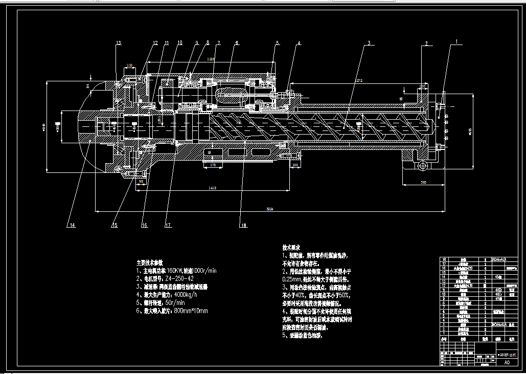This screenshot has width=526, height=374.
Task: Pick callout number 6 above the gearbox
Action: (x=237, y=43)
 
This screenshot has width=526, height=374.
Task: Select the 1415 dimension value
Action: (x=212, y=188)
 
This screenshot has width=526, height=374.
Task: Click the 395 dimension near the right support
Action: (x=423, y=182)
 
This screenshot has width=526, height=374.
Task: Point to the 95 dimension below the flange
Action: (x=140, y=181)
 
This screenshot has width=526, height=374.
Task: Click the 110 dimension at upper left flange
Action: (x=129, y=65)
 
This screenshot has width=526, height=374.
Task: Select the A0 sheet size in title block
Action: (x=507, y=363)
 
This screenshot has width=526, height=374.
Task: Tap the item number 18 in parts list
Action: (x=443, y=259)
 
